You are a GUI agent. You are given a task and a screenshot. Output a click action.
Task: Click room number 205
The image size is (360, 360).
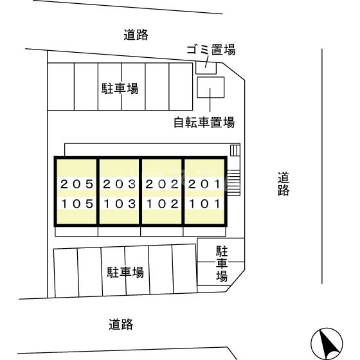pyautogui.click(x=76, y=184)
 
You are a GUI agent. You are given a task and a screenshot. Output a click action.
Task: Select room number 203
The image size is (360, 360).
pyautogui.click(x=120, y=184)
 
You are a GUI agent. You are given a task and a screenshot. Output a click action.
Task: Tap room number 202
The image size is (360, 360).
pyautogui.click(x=162, y=184)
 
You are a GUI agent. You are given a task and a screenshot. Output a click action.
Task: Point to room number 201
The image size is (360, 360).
pyautogui.click(x=204, y=184)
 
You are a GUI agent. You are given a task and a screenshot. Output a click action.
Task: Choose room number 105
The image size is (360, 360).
pyautogui.click(x=77, y=204)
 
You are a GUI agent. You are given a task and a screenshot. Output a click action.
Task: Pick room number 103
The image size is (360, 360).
pyautogui.click(x=120, y=204)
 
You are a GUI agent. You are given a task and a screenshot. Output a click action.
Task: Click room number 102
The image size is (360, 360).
pyautogui.click(x=163, y=204)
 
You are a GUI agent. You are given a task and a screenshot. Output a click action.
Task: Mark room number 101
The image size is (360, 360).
pyautogui.click(x=205, y=204)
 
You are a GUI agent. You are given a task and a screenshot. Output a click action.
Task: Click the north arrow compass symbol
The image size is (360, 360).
pyautogui.click(x=327, y=344)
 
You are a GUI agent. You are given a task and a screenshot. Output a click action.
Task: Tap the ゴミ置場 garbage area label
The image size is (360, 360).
pyautogui.click(x=211, y=50)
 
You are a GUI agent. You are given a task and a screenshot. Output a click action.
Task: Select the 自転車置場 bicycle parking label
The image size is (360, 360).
pyautogui.click(x=204, y=122)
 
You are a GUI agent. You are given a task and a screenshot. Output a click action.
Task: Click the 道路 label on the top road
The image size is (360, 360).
pyautogui.click(x=136, y=35)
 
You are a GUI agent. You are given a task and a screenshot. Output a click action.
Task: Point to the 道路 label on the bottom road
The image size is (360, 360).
pyautogui.click(x=121, y=324)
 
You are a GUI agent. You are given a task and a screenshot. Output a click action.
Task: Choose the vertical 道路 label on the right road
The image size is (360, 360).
pyautogui.click(x=283, y=184)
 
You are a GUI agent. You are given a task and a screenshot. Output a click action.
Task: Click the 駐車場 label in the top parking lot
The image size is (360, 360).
pyautogui.click(x=120, y=89)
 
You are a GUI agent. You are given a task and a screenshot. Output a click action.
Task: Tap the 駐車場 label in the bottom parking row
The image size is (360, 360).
pyautogui.click(x=125, y=273)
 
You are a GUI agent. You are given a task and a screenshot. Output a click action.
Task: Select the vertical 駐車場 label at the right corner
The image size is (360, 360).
pyautogui.click(x=222, y=264)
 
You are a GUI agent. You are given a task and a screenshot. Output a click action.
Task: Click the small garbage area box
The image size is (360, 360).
pyautogui.click(x=206, y=68)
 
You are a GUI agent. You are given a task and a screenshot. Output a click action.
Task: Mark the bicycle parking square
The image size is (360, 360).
pyautogui.click(x=211, y=87)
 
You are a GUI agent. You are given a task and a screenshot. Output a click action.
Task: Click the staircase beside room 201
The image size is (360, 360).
pyautogui.click(x=233, y=183)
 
